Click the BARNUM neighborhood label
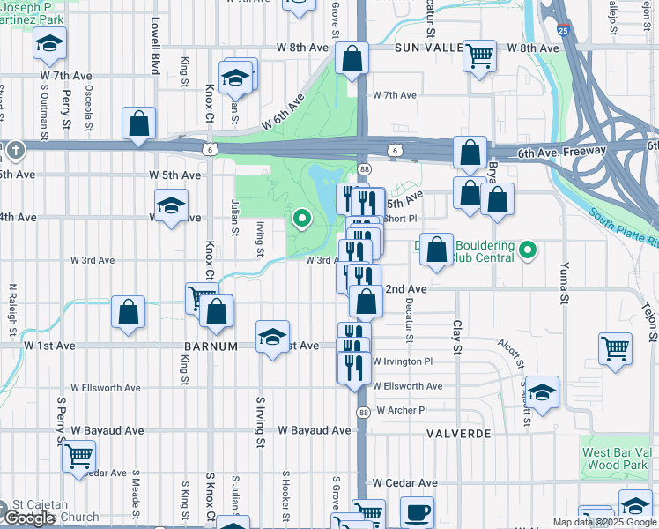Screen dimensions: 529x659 click(x=211, y=346)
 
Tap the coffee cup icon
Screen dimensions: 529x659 click(x=417, y=512)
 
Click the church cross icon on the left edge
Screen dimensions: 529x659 click(x=14, y=151)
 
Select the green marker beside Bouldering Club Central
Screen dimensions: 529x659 click(x=528, y=251)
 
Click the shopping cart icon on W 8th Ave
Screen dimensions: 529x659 click(x=480, y=56)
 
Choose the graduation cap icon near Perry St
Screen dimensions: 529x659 click(x=50, y=43)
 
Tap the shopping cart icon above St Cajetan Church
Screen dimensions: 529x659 click(x=79, y=456)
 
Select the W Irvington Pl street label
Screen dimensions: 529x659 click(x=403, y=361)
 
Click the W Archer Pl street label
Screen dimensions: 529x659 click(x=401, y=410)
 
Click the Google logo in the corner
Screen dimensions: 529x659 click(x=29, y=518)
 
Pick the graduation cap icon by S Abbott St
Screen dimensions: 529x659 click(x=543, y=393)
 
